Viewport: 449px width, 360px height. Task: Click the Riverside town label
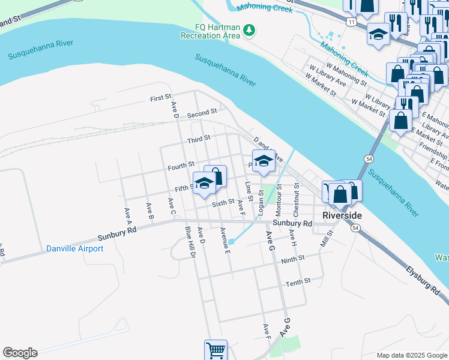(342, 215)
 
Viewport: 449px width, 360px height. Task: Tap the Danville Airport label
(74, 248)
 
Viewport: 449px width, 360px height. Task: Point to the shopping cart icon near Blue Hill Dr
(215, 349)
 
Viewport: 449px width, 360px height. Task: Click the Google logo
(20, 353)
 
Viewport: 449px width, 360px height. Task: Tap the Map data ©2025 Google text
(411, 355)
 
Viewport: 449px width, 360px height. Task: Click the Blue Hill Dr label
(191, 242)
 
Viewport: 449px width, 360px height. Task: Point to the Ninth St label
(293, 259)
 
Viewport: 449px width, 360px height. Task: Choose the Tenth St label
(298, 282)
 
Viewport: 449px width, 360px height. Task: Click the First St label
(160, 97)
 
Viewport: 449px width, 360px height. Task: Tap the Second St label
(202, 113)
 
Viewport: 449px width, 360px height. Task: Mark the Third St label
(198, 139)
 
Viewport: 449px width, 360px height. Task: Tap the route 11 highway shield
(350, 22)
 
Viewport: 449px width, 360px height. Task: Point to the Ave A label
(127, 214)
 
